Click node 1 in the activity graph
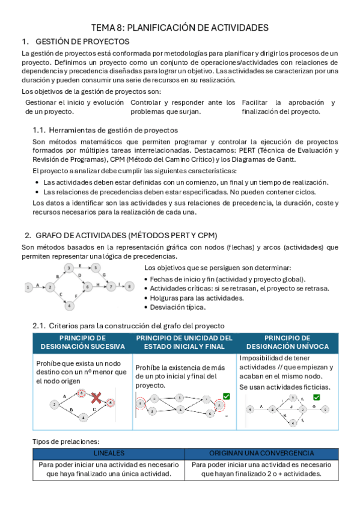click(x=28, y=287)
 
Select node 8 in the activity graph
click(x=130, y=287)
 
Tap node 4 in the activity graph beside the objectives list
click(x=70, y=306)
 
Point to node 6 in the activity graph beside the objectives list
click(x=87, y=287)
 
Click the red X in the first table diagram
click(x=94, y=398)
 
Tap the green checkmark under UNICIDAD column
click(x=226, y=395)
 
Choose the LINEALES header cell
click(x=109, y=453)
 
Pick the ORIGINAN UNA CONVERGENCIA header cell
click(x=261, y=453)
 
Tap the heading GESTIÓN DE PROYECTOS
click(x=82, y=41)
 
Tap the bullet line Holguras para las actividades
click(x=192, y=298)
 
